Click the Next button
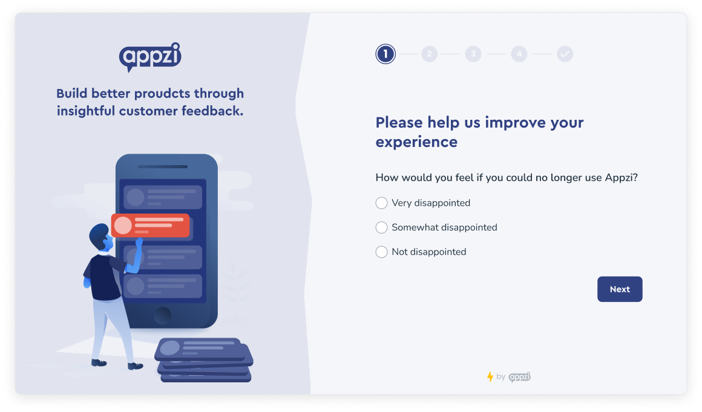(x=620, y=289)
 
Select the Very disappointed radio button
(x=381, y=203)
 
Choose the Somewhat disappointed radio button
(x=381, y=227)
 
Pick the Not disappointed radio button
(x=381, y=252)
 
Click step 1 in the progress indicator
(x=385, y=54)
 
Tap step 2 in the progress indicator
(x=429, y=54)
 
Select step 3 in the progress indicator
(x=473, y=54)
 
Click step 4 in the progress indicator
(x=519, y=54)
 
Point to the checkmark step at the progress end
(x=565, y=54)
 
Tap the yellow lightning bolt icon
(x=490, y=377)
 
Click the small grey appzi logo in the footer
(x=519, y=377)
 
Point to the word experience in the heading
(x=416, y=142)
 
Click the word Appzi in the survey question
(x=620, y=178)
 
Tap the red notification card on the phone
(x=151, y=225)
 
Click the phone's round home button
(x=162, y=315)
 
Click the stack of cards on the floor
(x=204, y=359)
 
